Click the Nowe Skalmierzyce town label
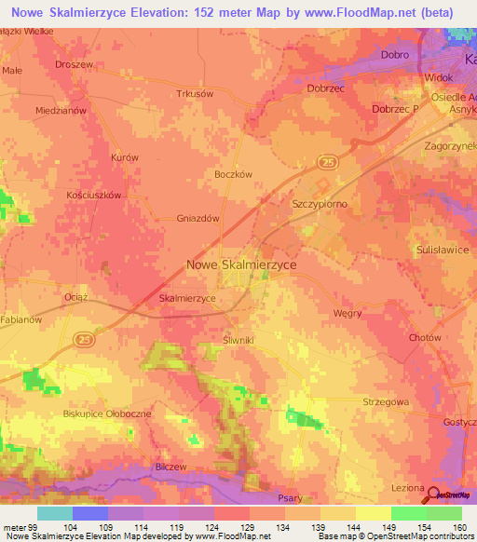(241, 265)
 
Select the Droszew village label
(75, 64)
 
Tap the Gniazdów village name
(198, 219)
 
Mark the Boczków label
(234, 172)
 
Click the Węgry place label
(347, 313)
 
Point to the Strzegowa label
(385, 401)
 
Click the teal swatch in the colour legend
(54, 513)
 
